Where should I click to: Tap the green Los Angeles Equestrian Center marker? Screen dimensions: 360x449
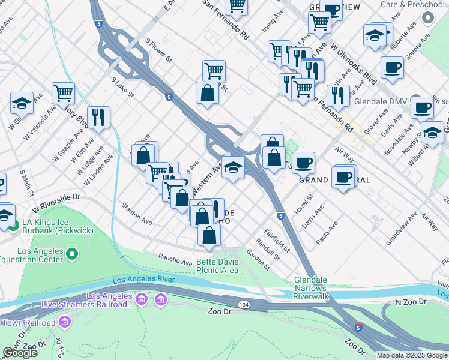pyautogui.click(x=72, y=255)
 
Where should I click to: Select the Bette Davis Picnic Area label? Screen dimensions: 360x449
pyautogui.click(x=218, y=266)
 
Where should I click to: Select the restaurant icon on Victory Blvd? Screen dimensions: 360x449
pyautogui.click(x=98, y=116)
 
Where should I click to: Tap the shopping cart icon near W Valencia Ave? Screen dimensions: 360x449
pyautogui.click(x=62, y=93)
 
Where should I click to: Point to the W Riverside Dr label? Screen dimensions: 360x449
pyautogui.click(x=56, y=202)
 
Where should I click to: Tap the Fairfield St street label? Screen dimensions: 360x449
pyautogui.click(x=278, y=238)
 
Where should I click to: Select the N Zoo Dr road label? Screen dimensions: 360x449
pyautogui.click(x=409, y=301)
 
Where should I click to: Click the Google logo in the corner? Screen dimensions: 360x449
pyautogui.click(x=20, y=353)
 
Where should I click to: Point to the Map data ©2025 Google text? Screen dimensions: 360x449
pyautogui.click(x=411, y=355)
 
